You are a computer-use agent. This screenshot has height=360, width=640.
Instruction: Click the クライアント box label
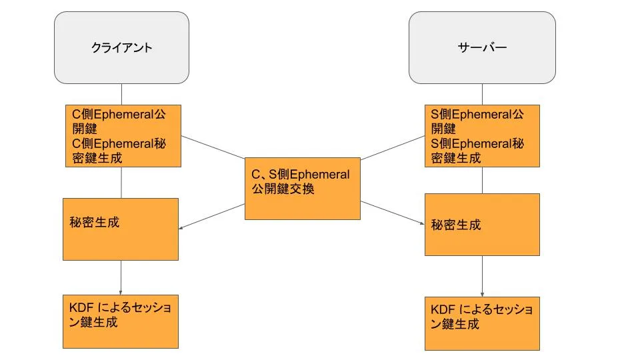tap(121, 48)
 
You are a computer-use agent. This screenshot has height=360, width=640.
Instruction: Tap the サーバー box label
tap(482, 48)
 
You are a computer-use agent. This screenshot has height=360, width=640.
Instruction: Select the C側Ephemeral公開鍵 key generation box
tap(123, 136)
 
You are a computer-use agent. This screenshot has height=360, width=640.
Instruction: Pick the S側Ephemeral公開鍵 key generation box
tap(482, 136)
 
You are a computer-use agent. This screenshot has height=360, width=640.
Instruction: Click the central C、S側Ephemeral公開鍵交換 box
tap(303, 189)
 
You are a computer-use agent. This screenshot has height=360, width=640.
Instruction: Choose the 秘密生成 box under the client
tap(121, 229)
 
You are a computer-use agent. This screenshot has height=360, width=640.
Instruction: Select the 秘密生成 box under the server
tap(482, 225)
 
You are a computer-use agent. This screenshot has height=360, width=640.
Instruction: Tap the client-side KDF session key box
tap(121, 321)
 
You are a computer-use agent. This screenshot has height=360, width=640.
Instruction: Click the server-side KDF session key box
tap(482, 324)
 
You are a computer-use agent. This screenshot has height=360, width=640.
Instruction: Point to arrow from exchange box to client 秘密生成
tap(212, 216)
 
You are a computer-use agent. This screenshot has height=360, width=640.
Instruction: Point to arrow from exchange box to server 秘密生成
tap(392, 213)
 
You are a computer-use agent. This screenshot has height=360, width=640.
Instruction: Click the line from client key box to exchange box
tap(213, 147)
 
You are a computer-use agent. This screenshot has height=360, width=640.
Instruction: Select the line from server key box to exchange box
tap(393, 148)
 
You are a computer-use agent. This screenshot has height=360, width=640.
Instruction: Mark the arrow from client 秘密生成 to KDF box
tap(121, 277)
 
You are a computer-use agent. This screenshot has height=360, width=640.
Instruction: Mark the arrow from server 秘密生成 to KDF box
tap(482, 276)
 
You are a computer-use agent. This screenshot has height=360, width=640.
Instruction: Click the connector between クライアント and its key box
tap(121, 94)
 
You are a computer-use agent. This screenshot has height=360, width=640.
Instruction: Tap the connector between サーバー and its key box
tap(482, 94)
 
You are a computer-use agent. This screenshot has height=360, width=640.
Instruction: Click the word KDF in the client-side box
tap(81, 307)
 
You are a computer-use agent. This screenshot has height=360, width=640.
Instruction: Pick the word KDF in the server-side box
tap(443, 309)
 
